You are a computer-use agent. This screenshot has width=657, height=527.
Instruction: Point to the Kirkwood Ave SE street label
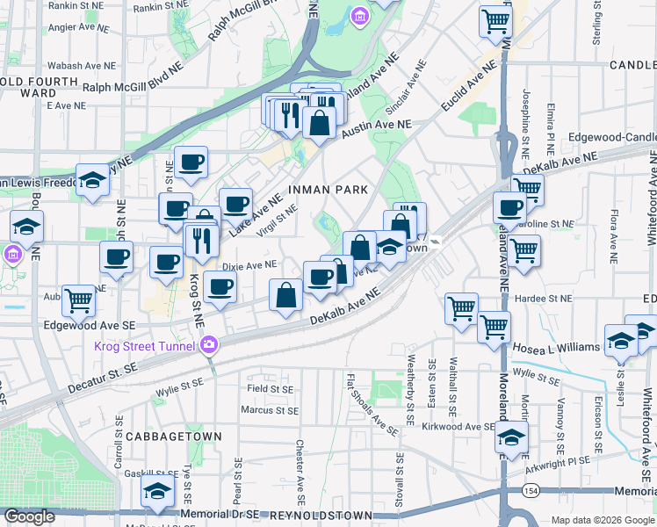(462, 426)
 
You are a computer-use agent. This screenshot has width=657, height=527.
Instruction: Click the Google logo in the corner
(29, 516)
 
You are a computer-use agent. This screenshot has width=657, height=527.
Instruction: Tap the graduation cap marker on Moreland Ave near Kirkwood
(511, 436)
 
